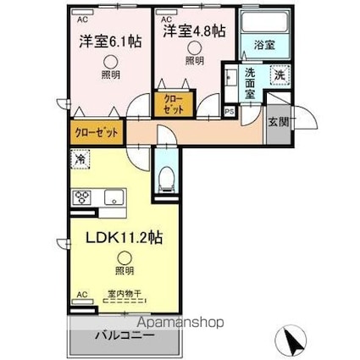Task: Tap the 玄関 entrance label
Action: tap(278, 120)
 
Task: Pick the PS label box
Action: tap(229, 109)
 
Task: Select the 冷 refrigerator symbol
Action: tap(80, 158)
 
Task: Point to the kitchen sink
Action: tap(113, 197)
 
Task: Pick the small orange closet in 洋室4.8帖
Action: tap(174, 104)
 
